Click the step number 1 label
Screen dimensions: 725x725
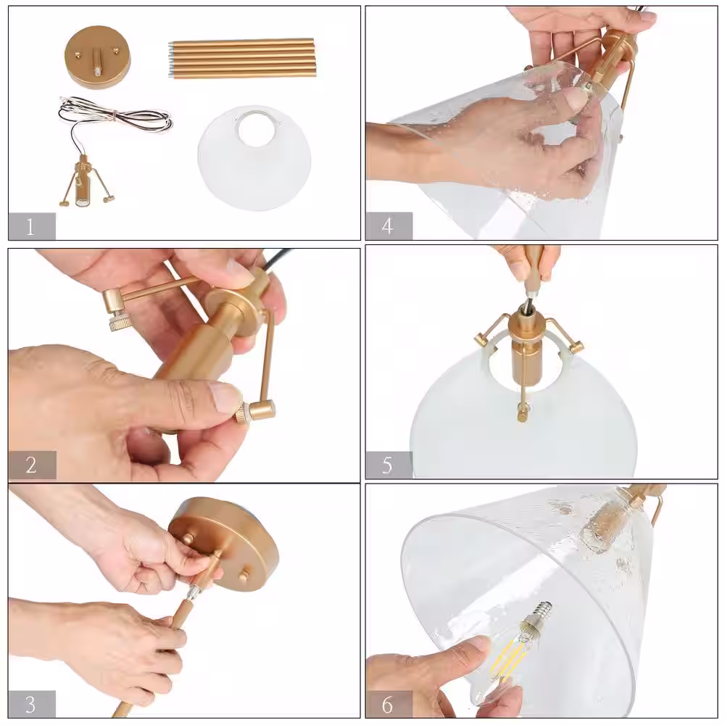click(30, 227)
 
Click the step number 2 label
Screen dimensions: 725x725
click(31, 465)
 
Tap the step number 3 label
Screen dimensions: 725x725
click(30, 705)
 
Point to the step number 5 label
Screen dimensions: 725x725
click(387, 465)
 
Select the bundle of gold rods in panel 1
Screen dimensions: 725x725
click(242, 59)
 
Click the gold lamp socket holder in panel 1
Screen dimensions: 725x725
click(85, 181)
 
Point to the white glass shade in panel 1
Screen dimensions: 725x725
click(254, 158)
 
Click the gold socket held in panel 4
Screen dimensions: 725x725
click(611, 60)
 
